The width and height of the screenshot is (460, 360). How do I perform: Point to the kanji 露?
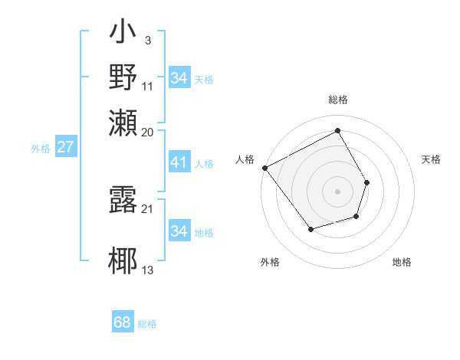(x=124, y=198)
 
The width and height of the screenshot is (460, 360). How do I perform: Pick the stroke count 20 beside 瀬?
(x=148, y=132)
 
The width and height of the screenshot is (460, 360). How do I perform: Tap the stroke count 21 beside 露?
(x=148, y=209)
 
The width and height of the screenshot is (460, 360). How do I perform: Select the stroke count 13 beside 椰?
(x=148, y=270)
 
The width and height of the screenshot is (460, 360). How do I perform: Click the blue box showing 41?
(x=179, y=162)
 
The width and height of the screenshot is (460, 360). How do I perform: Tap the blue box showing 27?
(x=65, y=147)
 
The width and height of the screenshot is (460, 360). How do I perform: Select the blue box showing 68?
(x=123, y=322)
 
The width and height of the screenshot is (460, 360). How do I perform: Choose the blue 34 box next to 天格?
(x=179, y=78)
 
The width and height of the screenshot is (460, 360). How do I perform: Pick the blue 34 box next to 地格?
(x=179, y=231)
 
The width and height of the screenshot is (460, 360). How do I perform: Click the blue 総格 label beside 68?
(x=147, y=324)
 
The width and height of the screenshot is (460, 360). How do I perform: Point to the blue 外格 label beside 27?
(x=40, y=149)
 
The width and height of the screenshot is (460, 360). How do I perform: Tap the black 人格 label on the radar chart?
(x=245, y=159)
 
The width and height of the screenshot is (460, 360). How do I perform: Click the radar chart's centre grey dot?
(x=337, y=191)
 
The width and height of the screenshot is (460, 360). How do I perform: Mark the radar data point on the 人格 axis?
(x=264, y=168)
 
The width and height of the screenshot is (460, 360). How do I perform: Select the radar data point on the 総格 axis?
(x=337, y=130)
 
